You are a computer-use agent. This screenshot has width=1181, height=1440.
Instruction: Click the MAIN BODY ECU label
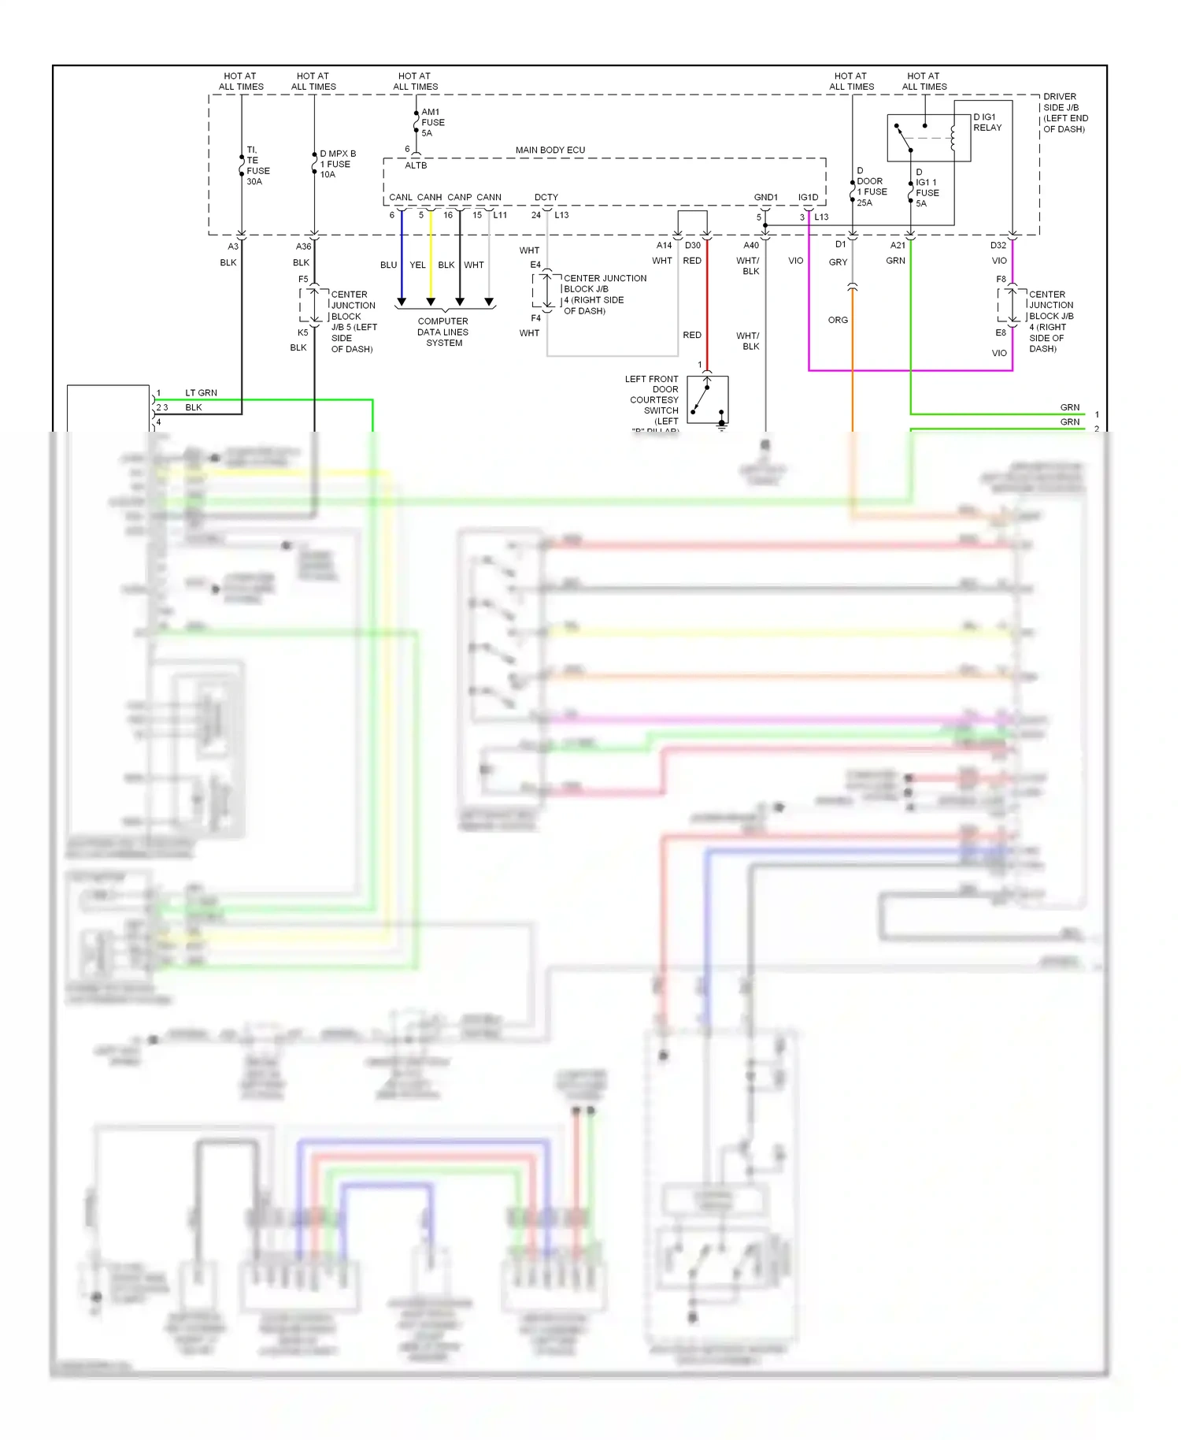(550, 150)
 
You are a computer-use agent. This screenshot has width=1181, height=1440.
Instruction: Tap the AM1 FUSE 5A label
(432, 122)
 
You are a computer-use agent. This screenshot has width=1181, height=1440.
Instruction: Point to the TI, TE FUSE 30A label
(257, 165)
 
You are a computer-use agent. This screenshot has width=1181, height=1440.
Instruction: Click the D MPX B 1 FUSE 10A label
(338, 164)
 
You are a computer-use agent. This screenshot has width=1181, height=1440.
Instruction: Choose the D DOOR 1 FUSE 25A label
(871, 187)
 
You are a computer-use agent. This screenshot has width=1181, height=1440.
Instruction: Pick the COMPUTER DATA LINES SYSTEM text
(442, 332)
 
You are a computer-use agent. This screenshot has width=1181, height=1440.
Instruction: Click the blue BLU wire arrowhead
(402, 302)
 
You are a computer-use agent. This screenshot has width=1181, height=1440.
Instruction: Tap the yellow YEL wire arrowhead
(431, 302)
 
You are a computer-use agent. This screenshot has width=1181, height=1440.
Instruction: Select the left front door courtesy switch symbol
(707, 399)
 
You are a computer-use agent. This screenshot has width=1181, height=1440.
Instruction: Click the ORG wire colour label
(838, 320)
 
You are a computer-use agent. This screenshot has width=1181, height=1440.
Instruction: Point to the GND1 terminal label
(765, 197)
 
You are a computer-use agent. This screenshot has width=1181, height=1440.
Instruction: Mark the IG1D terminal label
(808, 197)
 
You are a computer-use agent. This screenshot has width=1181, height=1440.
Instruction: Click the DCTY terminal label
(546, 197)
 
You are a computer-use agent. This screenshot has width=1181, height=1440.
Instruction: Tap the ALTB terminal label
(416, 165)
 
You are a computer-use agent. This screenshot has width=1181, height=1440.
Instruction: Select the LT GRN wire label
(201, 392)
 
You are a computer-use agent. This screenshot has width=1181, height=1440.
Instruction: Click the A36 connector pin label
(303, 247)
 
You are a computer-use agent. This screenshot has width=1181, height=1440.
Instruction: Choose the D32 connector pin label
(998, 245)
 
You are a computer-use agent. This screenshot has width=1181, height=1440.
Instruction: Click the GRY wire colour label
(838, 262)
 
